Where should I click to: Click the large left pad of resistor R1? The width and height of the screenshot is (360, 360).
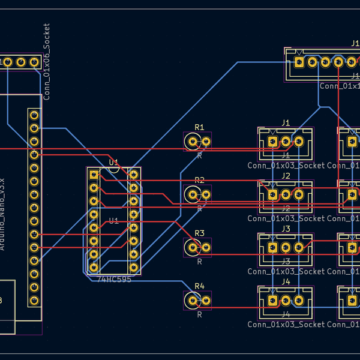(192, 142)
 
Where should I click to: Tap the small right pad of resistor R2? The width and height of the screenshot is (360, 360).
(206, 194)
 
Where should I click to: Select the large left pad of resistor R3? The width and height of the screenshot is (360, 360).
(192, 247)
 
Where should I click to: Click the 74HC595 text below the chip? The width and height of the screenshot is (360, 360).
(114, 279)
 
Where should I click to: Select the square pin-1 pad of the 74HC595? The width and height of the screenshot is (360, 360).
(94, 175)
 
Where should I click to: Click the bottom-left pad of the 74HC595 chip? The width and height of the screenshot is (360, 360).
(94, 267)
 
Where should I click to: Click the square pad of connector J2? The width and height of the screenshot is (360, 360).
(273, 194)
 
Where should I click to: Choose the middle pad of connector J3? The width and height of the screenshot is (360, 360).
(286, 247)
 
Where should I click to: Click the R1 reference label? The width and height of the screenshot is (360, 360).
(199, 127)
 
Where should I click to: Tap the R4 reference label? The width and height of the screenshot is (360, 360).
(199, 286)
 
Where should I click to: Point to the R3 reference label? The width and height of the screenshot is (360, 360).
(199, 233)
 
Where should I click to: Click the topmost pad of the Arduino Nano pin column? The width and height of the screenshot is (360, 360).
(34, 115)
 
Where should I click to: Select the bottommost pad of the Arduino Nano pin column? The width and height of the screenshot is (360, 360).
(34, 301)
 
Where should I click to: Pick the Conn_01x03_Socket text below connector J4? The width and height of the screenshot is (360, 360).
(286, 325)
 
